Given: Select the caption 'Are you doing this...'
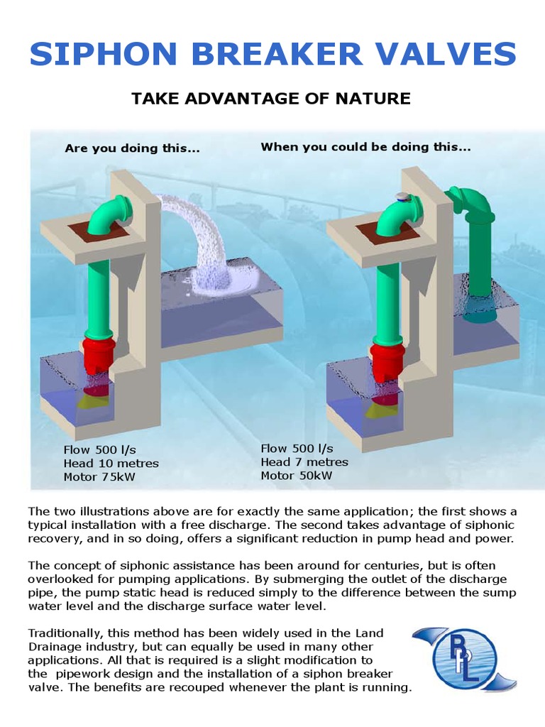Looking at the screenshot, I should click(132, 148).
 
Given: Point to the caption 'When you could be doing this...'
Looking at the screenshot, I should click(365, 147).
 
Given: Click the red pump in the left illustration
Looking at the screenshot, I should click(97, 355).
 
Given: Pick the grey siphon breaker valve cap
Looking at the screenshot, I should click(402, 197).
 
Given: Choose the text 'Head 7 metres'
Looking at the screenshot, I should click(304, 462).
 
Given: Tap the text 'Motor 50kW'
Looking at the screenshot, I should click(296, 476).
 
